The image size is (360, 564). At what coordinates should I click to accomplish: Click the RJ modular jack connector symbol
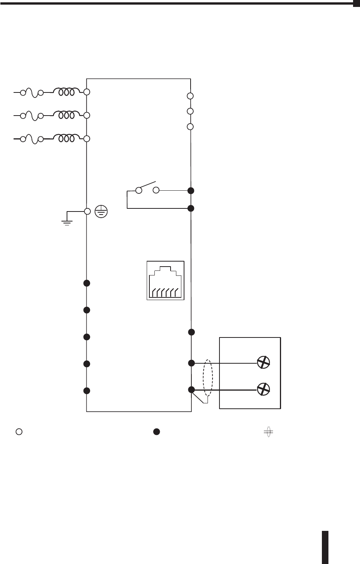(x=166, y=280)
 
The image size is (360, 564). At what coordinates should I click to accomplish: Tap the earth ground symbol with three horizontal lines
(x=67, y=222)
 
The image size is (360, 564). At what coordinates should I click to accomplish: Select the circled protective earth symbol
(x=102, y=211)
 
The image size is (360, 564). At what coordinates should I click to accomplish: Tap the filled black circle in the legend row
(x=157, y=432)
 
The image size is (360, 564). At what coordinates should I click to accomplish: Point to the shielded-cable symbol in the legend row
(x=268, y=432)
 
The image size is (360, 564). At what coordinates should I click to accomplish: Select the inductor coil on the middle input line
(x=67, y=115)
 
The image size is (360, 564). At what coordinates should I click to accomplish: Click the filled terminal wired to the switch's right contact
(x=191, y=191)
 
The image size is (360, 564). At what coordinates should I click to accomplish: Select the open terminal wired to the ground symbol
(x=87, y=211)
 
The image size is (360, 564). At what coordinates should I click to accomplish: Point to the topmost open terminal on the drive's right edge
(x=190, y=96)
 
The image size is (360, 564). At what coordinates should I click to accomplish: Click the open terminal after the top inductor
(x=87, y=92)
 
